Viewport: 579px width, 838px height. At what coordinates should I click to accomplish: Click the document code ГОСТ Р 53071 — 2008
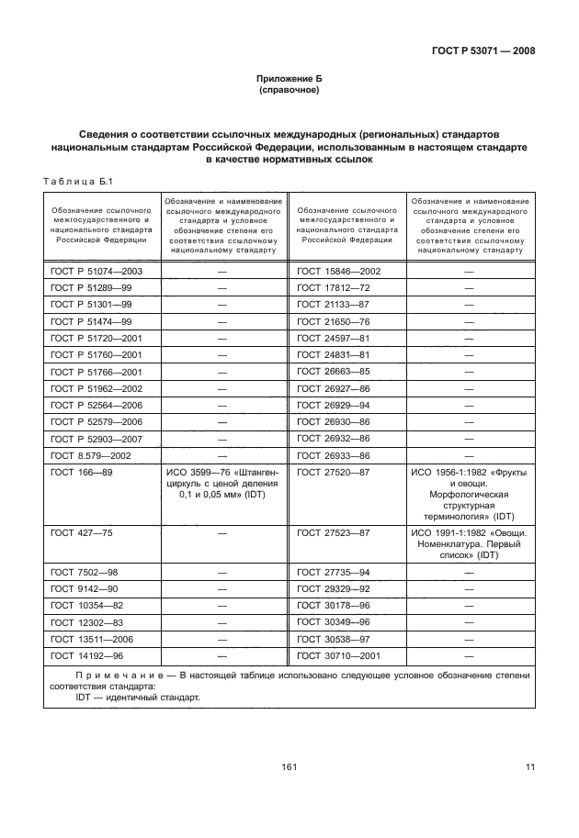coord(483,51)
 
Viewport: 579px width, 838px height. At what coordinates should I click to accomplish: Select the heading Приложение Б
coord(289,81)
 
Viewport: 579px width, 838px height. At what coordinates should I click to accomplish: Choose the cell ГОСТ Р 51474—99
coord(91,321)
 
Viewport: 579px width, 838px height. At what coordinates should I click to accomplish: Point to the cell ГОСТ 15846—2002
coord(338,272)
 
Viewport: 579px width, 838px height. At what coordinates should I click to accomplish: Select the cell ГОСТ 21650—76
coord(333,321)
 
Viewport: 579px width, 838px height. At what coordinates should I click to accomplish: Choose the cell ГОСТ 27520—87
coord(333,472)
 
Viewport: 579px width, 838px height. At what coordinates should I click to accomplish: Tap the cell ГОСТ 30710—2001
coord(338,655)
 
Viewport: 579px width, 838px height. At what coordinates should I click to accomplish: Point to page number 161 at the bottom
coord(288,767)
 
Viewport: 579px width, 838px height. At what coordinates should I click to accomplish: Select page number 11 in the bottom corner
coord(529,767)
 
